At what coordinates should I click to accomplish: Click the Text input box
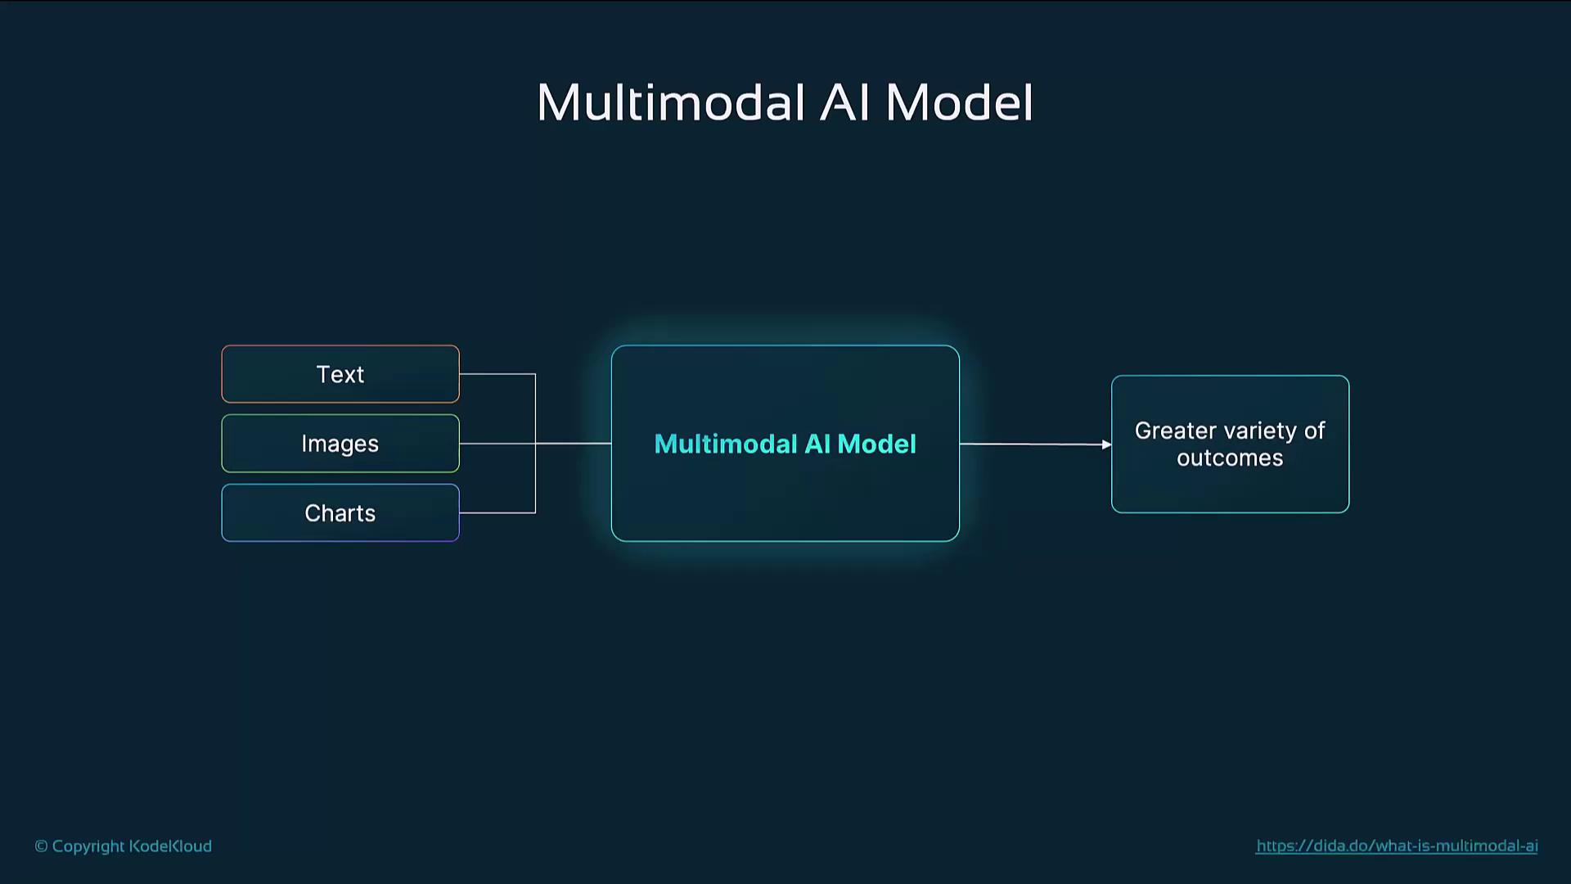tap(340, 374)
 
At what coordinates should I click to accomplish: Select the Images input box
tap(340, 444)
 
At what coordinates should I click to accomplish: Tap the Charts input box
tap(340, 513)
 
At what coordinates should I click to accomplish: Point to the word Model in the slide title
tap(959, 103)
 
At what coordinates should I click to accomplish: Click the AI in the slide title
tap(844, 103)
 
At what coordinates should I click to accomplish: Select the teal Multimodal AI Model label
tap(785, 444)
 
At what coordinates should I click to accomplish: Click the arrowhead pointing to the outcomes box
tap(1106, 444)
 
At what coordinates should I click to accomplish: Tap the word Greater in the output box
tap(1176, 431)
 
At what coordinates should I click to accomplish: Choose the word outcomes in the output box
tap(1230, 458)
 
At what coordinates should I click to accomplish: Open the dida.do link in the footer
tap(1397, 846)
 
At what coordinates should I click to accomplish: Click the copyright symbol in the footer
tap(41, 846)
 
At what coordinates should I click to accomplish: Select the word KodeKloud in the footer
tap(170, 846)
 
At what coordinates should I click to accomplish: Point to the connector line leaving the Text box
tap(497, 374)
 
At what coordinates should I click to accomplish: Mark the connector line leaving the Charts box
tap(497, 513)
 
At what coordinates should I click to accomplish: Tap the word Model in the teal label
tap(877, 444)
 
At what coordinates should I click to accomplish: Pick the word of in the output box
tap(1315, 431)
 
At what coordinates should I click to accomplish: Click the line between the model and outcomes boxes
tap(1036, 444)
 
